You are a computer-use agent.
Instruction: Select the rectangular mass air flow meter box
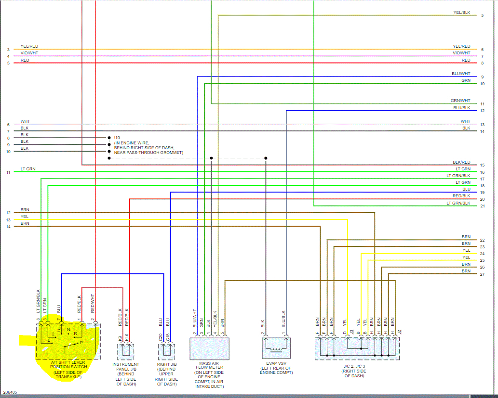[x=209, y=348]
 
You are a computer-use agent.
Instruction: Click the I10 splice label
[x=117, y=138]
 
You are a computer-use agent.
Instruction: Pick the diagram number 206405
[x=9, y=393]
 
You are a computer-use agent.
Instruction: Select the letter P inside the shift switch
[x=81, y=342]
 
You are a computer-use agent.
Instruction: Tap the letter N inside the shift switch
[x=68, y=330]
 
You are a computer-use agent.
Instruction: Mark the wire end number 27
[x=482, y=274]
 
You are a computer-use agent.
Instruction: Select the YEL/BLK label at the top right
[x=461, y=13]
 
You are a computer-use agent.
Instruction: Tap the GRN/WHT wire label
[x=460, y=101]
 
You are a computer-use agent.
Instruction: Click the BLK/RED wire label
[x=461, y=162]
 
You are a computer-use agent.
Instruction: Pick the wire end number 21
[x=482, y=206]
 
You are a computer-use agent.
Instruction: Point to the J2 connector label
[x=399, y=332]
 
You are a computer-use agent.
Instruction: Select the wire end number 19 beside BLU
[x=482, y=193]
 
